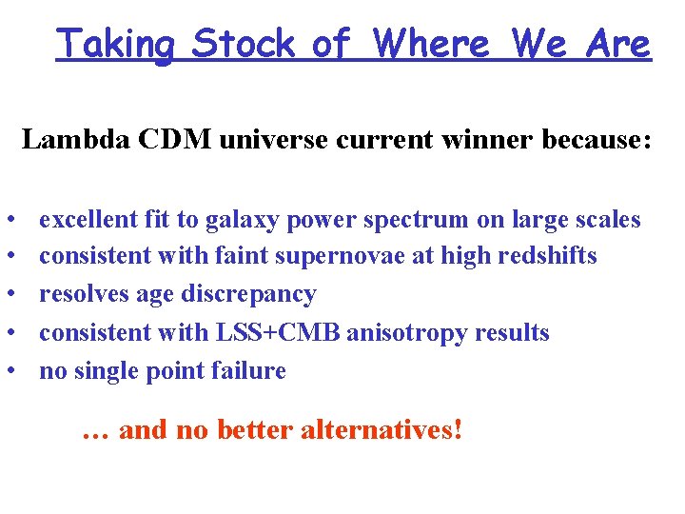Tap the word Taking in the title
115,44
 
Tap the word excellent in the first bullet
88,220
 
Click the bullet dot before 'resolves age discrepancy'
18,295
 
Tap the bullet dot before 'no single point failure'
18,371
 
